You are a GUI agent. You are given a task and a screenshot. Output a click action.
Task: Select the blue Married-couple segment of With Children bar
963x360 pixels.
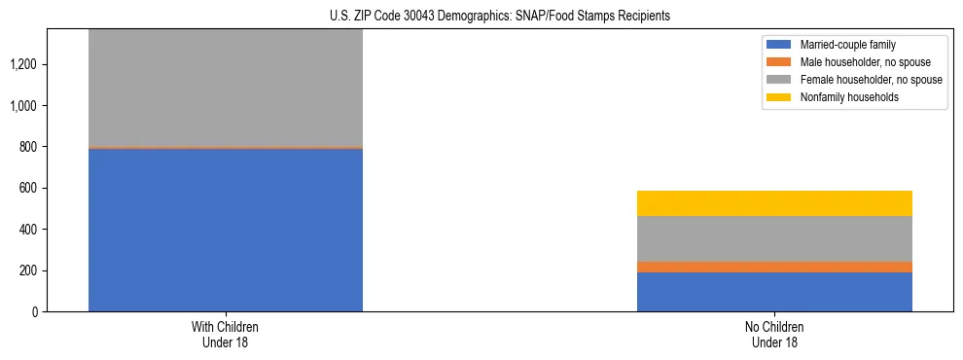(x=226, y=230)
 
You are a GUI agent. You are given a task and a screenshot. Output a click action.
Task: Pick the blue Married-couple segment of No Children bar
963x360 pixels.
(x=774, y=292)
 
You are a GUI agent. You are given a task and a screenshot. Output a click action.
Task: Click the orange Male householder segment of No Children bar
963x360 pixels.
(x=774, y=267)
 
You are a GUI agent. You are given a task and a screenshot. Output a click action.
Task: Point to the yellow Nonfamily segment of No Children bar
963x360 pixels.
(x=774, y=203)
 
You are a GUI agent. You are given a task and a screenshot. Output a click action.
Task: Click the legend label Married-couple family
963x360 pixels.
(x=848, y=45)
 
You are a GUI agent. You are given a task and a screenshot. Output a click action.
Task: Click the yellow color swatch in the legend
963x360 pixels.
(x=779, y=97)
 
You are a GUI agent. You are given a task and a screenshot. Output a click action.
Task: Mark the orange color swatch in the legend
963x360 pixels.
(x=779, y=62)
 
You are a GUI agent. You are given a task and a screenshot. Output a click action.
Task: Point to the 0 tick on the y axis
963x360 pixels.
(x=36, y=311)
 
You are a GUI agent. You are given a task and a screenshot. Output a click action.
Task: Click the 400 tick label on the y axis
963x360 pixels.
(x=29, y=230)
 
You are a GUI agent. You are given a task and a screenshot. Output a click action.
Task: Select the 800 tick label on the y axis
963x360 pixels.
(x=29, y=147)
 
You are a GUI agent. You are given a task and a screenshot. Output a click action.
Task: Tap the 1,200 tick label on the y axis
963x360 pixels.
(x=25, y=64)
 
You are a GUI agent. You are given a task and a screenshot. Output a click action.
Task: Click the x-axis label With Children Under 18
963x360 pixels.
(x=226, y=334)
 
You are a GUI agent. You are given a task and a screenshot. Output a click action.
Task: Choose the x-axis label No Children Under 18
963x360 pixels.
(x=774, y=334)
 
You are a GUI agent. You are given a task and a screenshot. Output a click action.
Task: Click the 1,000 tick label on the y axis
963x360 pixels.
(x=25, y=106)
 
